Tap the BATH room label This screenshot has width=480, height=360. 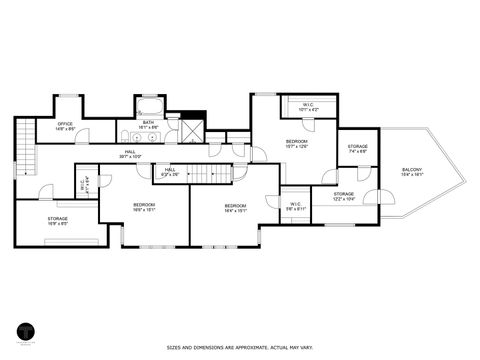(x=148, y=125)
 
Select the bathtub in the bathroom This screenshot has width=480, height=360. (x=149, y=108)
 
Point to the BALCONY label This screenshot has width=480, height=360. (x=411, y=172)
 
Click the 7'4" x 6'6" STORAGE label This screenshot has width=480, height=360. (x=358, y=149)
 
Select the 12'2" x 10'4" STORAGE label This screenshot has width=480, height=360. (x=343, y=196)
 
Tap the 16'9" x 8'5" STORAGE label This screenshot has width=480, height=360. (x=57, y=220)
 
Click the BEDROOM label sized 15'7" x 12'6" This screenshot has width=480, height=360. (x=296, y=144)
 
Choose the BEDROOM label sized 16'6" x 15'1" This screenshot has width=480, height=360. (x=144, y=208)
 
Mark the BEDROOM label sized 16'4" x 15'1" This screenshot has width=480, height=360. (x=236, y=208)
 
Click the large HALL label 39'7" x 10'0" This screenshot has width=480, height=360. (x=130, y=154)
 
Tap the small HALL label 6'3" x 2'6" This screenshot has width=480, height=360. (x=170, y=171)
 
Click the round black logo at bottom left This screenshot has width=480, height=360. (x=25, y=331)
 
